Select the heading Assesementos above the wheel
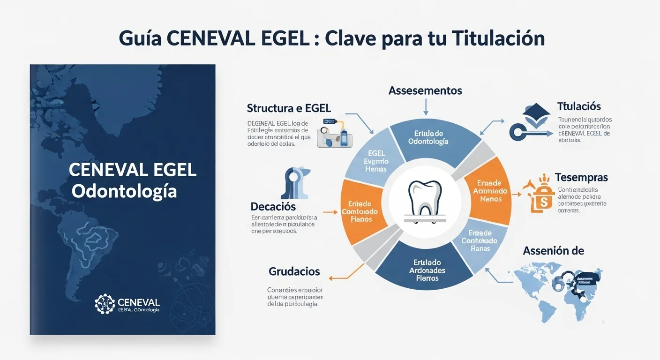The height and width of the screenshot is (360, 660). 425,90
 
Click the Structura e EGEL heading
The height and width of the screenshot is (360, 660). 289,108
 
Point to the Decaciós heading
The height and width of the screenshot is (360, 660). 273,206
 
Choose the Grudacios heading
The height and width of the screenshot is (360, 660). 294,271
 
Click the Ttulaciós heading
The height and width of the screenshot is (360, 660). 579,106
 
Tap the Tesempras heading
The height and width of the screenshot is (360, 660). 581,178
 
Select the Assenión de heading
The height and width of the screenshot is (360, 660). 553,251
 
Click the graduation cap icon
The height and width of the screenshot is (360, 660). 535,115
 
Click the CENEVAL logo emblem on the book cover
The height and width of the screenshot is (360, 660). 105,304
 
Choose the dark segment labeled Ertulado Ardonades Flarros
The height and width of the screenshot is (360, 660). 427,270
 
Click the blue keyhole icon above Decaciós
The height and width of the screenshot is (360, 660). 293,181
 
